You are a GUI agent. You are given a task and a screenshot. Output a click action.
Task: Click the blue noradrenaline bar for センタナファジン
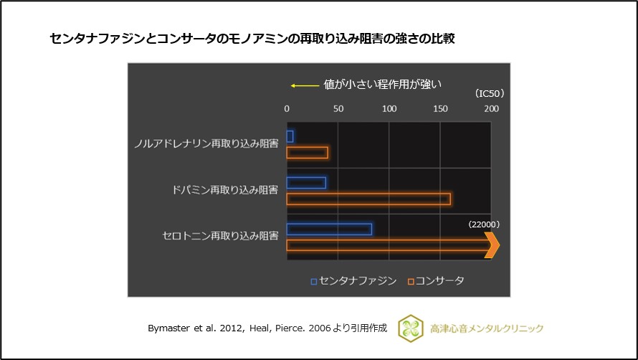click(290, 136)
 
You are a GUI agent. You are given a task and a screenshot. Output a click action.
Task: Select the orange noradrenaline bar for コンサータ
click(307, 153)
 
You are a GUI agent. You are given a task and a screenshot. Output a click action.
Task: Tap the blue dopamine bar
click(306, 183)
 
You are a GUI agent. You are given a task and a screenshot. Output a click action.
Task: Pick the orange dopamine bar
click(368, 199)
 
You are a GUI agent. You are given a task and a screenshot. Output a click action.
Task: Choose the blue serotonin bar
click(329, 229)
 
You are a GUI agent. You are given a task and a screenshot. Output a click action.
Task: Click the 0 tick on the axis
click(287, 109)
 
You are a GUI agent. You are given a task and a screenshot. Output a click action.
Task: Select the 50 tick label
click(338, 109)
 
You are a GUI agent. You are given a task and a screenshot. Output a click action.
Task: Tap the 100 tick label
click(389, 109)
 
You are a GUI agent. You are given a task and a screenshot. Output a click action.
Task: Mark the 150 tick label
click(440, 109)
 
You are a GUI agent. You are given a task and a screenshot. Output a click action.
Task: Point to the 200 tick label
click(491, 109)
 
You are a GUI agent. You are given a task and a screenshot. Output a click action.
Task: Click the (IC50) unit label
click(490, 94)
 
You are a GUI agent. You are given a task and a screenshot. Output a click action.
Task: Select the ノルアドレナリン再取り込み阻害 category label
click(206, 143)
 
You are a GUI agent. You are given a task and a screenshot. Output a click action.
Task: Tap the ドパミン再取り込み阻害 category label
click(225, 190)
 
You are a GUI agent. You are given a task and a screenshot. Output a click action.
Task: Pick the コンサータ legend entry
click(436, 280)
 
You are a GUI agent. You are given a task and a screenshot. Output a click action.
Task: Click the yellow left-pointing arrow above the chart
click(304, 85)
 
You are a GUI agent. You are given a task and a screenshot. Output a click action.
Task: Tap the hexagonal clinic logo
click(411, 328)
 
